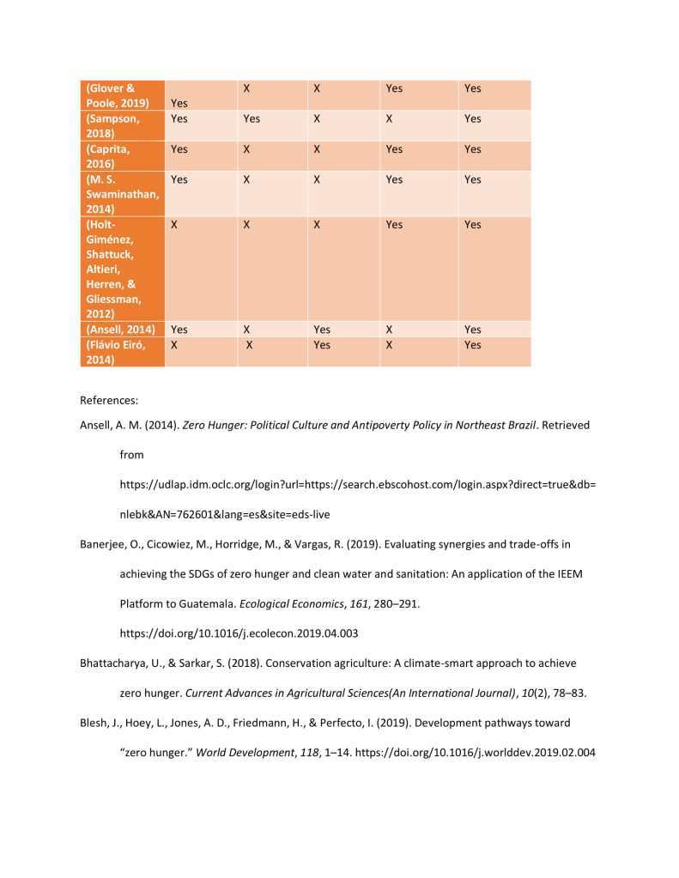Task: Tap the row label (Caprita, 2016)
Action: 108,156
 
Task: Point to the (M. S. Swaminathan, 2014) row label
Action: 121,194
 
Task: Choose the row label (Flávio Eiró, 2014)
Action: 115,352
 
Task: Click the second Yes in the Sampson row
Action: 252,119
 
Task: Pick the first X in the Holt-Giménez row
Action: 175,225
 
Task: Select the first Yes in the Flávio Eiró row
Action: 322,345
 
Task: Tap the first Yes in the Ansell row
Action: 179,330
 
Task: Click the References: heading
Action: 109,400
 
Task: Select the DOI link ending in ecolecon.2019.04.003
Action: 239,634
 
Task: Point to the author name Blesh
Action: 94,724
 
